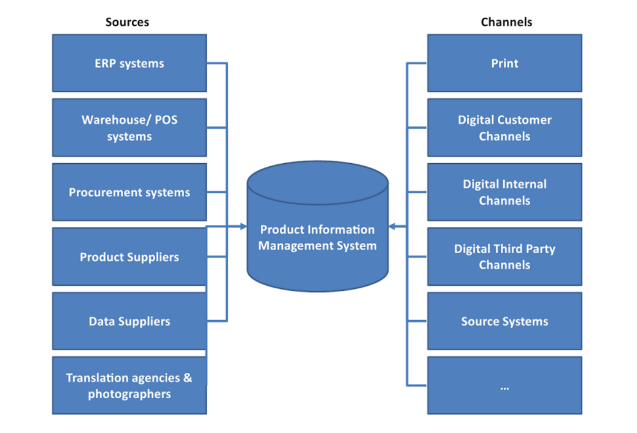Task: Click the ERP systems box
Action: [x=129, y=63]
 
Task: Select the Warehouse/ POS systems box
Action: [x=129, y=128]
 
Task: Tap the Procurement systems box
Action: [x=129, y=192]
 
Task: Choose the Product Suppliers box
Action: [x=129, y=256]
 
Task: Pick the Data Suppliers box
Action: [x=129, y=321]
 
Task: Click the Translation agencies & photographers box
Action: [x=129, y=385]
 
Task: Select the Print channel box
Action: [x=504, y=63]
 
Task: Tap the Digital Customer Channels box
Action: [x=504, y=128]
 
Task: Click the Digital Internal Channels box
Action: [x=504, y=192]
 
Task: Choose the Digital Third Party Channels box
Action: [x=504, y=256]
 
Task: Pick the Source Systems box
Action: [x=504, y=321]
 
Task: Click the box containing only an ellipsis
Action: [x=504, y=385]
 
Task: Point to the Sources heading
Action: [x=127, y=22]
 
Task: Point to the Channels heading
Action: [x=506, y=22]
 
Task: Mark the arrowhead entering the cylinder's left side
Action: [x=243, y=227]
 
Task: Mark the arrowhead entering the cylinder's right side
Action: [x=392, y=227]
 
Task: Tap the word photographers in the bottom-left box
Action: [x=129, y=394]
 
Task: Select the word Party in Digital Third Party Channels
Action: [x=541, y=249]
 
